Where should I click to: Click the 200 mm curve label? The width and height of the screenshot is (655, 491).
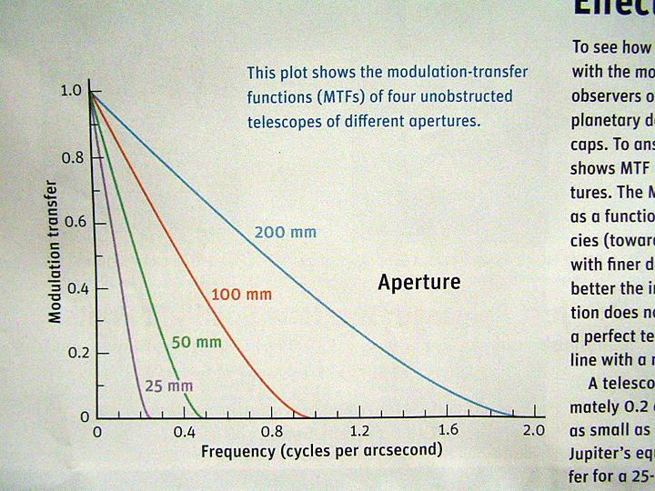point(287,233)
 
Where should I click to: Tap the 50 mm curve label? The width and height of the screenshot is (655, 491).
point(196,343)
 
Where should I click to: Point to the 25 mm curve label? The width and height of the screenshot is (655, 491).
point(169,386)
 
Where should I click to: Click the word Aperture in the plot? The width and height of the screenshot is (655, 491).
point(419,283)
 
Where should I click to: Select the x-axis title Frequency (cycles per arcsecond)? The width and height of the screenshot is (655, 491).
point(321,450)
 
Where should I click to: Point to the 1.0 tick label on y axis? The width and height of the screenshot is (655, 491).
point(71,91)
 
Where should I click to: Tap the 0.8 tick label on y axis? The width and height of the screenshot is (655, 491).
point(71,157)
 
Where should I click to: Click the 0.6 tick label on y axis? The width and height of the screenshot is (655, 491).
point(71,223)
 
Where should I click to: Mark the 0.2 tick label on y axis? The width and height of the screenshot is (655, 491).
point(71,353)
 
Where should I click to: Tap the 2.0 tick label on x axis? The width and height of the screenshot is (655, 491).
point(534,430)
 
